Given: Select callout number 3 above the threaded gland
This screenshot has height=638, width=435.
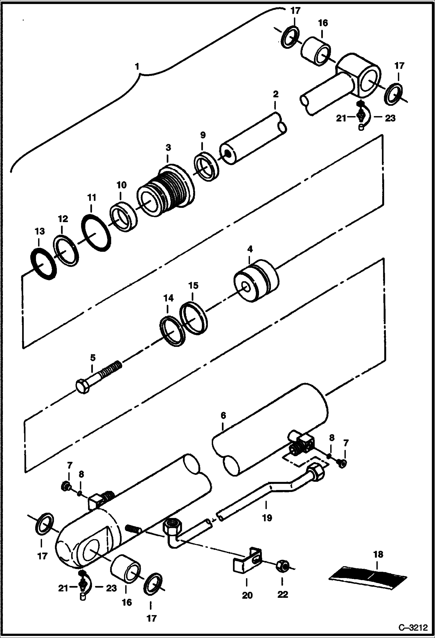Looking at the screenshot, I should [168, 148].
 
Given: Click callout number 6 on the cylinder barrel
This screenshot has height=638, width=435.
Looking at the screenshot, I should [223, 415].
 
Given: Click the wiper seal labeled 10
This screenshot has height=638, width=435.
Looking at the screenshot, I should [123, 217].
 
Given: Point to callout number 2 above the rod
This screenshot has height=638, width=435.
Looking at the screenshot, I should [275, 94].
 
